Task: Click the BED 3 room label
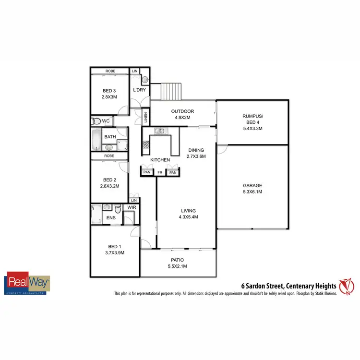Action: tap(109, 91)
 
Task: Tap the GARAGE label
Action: tap(252, 185)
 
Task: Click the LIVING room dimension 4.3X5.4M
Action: tap(188, 217)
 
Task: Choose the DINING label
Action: tap(196, 150)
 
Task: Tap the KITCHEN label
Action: tap(160, 159)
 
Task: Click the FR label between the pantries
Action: tap(160, 172)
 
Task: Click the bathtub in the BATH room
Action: tap(96, 140)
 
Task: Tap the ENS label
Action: tap(110, 217)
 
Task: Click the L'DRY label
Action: tap(140, 90)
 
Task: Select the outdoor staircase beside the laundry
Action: tap(171, 90)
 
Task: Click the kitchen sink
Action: tap(159, 131)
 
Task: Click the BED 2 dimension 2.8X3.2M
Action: tap(109, 185)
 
